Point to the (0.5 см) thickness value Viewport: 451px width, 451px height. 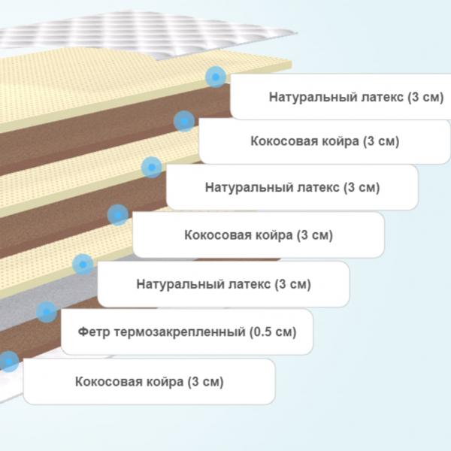pos(273,331)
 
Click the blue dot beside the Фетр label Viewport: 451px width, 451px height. pos(47,312)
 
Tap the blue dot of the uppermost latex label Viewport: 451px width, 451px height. pos(216,77)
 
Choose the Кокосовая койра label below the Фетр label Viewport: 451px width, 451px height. pos(150,382)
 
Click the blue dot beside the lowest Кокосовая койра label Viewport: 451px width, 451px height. pos(8,362)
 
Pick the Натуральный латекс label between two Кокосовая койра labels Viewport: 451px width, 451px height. pos(292,187)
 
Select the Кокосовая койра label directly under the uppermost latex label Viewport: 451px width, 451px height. pos(325,141)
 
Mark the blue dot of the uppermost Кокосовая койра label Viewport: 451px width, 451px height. pos(184,121)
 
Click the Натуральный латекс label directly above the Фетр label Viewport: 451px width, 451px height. pos(223,284)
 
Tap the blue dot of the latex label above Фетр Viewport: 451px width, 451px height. pos(83,265)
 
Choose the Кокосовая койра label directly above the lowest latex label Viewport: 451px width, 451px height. pos(259,235)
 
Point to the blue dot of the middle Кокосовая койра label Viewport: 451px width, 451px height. pos(118,215)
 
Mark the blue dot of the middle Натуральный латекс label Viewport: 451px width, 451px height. pos(152,167)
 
